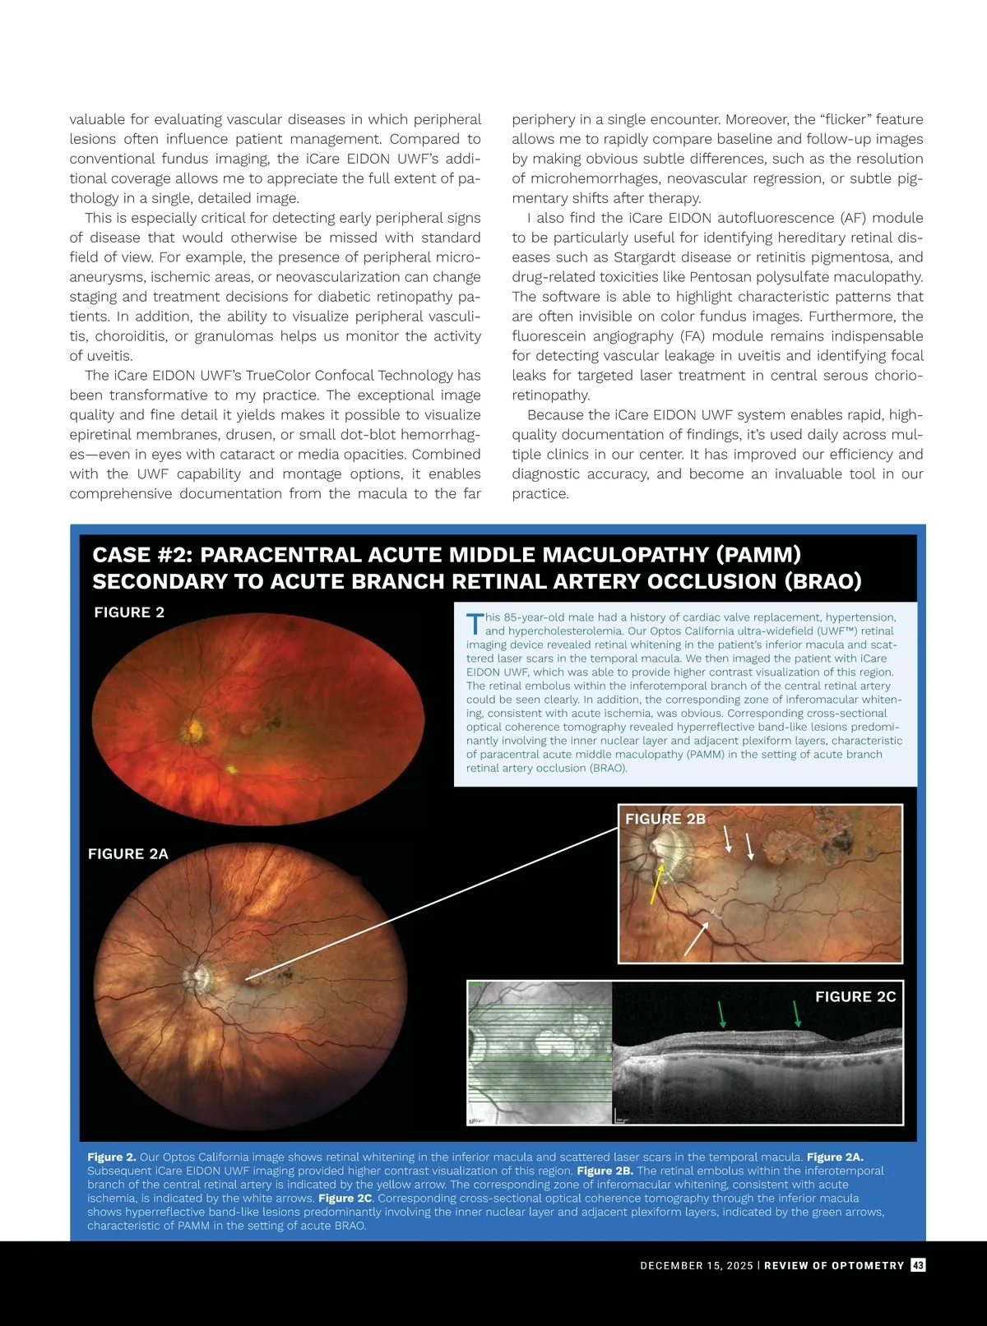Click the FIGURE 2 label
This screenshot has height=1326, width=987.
129,612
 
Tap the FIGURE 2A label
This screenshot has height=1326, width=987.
128,854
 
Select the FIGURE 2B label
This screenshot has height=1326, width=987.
665,819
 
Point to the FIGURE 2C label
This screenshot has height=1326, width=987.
855,996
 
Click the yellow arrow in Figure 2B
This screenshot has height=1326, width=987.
657,885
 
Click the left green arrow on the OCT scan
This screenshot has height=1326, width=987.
722,1014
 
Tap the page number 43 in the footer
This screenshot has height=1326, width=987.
918,1265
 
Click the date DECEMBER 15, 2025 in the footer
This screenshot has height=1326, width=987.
696,1266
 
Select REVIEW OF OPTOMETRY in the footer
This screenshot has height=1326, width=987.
834,1266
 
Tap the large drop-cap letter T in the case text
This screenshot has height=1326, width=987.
474,624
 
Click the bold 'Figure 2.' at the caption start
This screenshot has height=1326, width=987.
112,1157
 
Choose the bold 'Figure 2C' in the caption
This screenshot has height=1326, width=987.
345,1198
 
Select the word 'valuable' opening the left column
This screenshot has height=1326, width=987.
97,119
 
